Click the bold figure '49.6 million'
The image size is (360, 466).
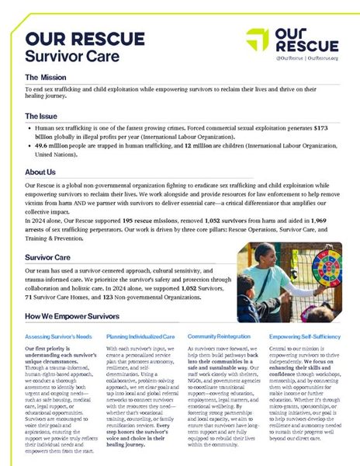point(51,145)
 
